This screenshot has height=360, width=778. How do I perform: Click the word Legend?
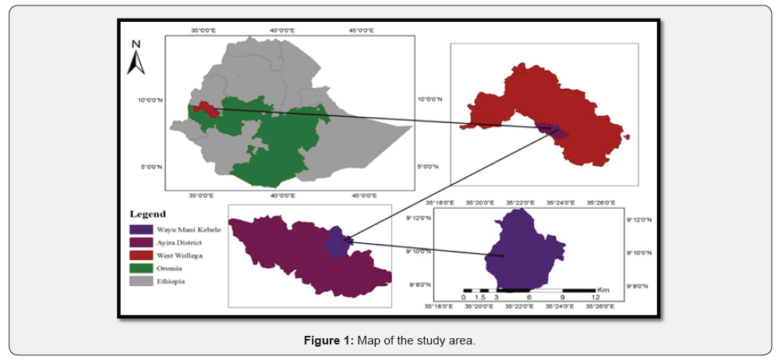147,214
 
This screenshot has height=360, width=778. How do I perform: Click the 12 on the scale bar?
596,298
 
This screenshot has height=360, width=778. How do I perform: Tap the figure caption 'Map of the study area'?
388,340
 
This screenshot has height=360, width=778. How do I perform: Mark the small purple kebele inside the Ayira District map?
336,241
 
